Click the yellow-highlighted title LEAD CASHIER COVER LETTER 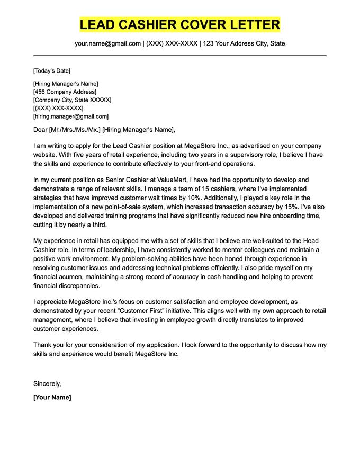click(180, 24)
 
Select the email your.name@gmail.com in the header click(107, 43)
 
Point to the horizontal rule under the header click(180, 55)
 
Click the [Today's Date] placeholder click(51, 71)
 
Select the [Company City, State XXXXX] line click(72, 100)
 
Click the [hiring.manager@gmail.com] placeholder click(70, 116)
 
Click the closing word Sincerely click(47, 383)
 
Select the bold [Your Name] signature click(52, 397)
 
